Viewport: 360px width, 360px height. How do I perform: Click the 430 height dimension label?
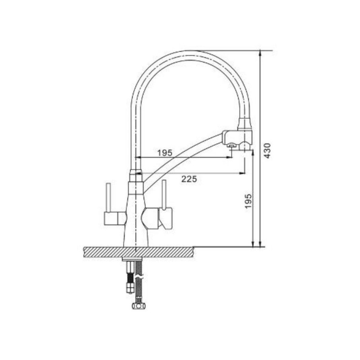267,150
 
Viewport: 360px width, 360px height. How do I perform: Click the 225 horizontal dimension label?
189,179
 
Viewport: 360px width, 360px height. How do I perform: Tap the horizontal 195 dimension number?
165,153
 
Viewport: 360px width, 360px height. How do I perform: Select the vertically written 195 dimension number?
248,201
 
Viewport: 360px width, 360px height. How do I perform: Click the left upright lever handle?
108,198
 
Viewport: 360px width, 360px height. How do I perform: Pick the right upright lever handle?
164,195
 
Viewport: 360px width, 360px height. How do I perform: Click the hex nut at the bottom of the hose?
139,306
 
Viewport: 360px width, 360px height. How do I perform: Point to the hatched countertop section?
139,252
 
